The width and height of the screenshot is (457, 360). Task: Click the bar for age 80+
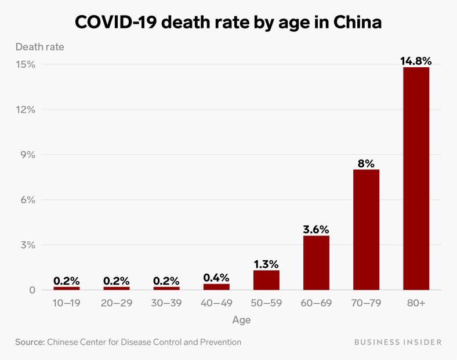point(416,179)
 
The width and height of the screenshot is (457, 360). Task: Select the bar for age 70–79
point(366,230)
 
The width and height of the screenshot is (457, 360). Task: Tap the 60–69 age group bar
point(316,263)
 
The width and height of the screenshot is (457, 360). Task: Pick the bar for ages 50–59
point(266,280)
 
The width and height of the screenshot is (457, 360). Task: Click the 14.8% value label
point(416,60)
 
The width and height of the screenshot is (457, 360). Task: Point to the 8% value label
point(366,163)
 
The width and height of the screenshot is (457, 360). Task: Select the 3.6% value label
point(316,229)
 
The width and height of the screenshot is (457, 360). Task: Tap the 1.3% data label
point(266,264)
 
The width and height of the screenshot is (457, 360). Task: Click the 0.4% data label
point(216,277)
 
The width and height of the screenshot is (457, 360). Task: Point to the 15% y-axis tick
point(26,64)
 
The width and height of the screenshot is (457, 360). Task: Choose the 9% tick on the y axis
point(27,155)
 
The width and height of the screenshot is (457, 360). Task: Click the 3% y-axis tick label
point(27,245)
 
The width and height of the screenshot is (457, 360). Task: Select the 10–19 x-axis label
point(67,303)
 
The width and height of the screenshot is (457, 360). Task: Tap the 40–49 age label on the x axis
point(216,303)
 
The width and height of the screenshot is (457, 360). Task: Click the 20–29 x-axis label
point(117,303)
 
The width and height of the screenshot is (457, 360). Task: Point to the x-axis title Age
point(241,319)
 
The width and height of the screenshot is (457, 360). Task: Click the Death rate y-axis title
point(39,47)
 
